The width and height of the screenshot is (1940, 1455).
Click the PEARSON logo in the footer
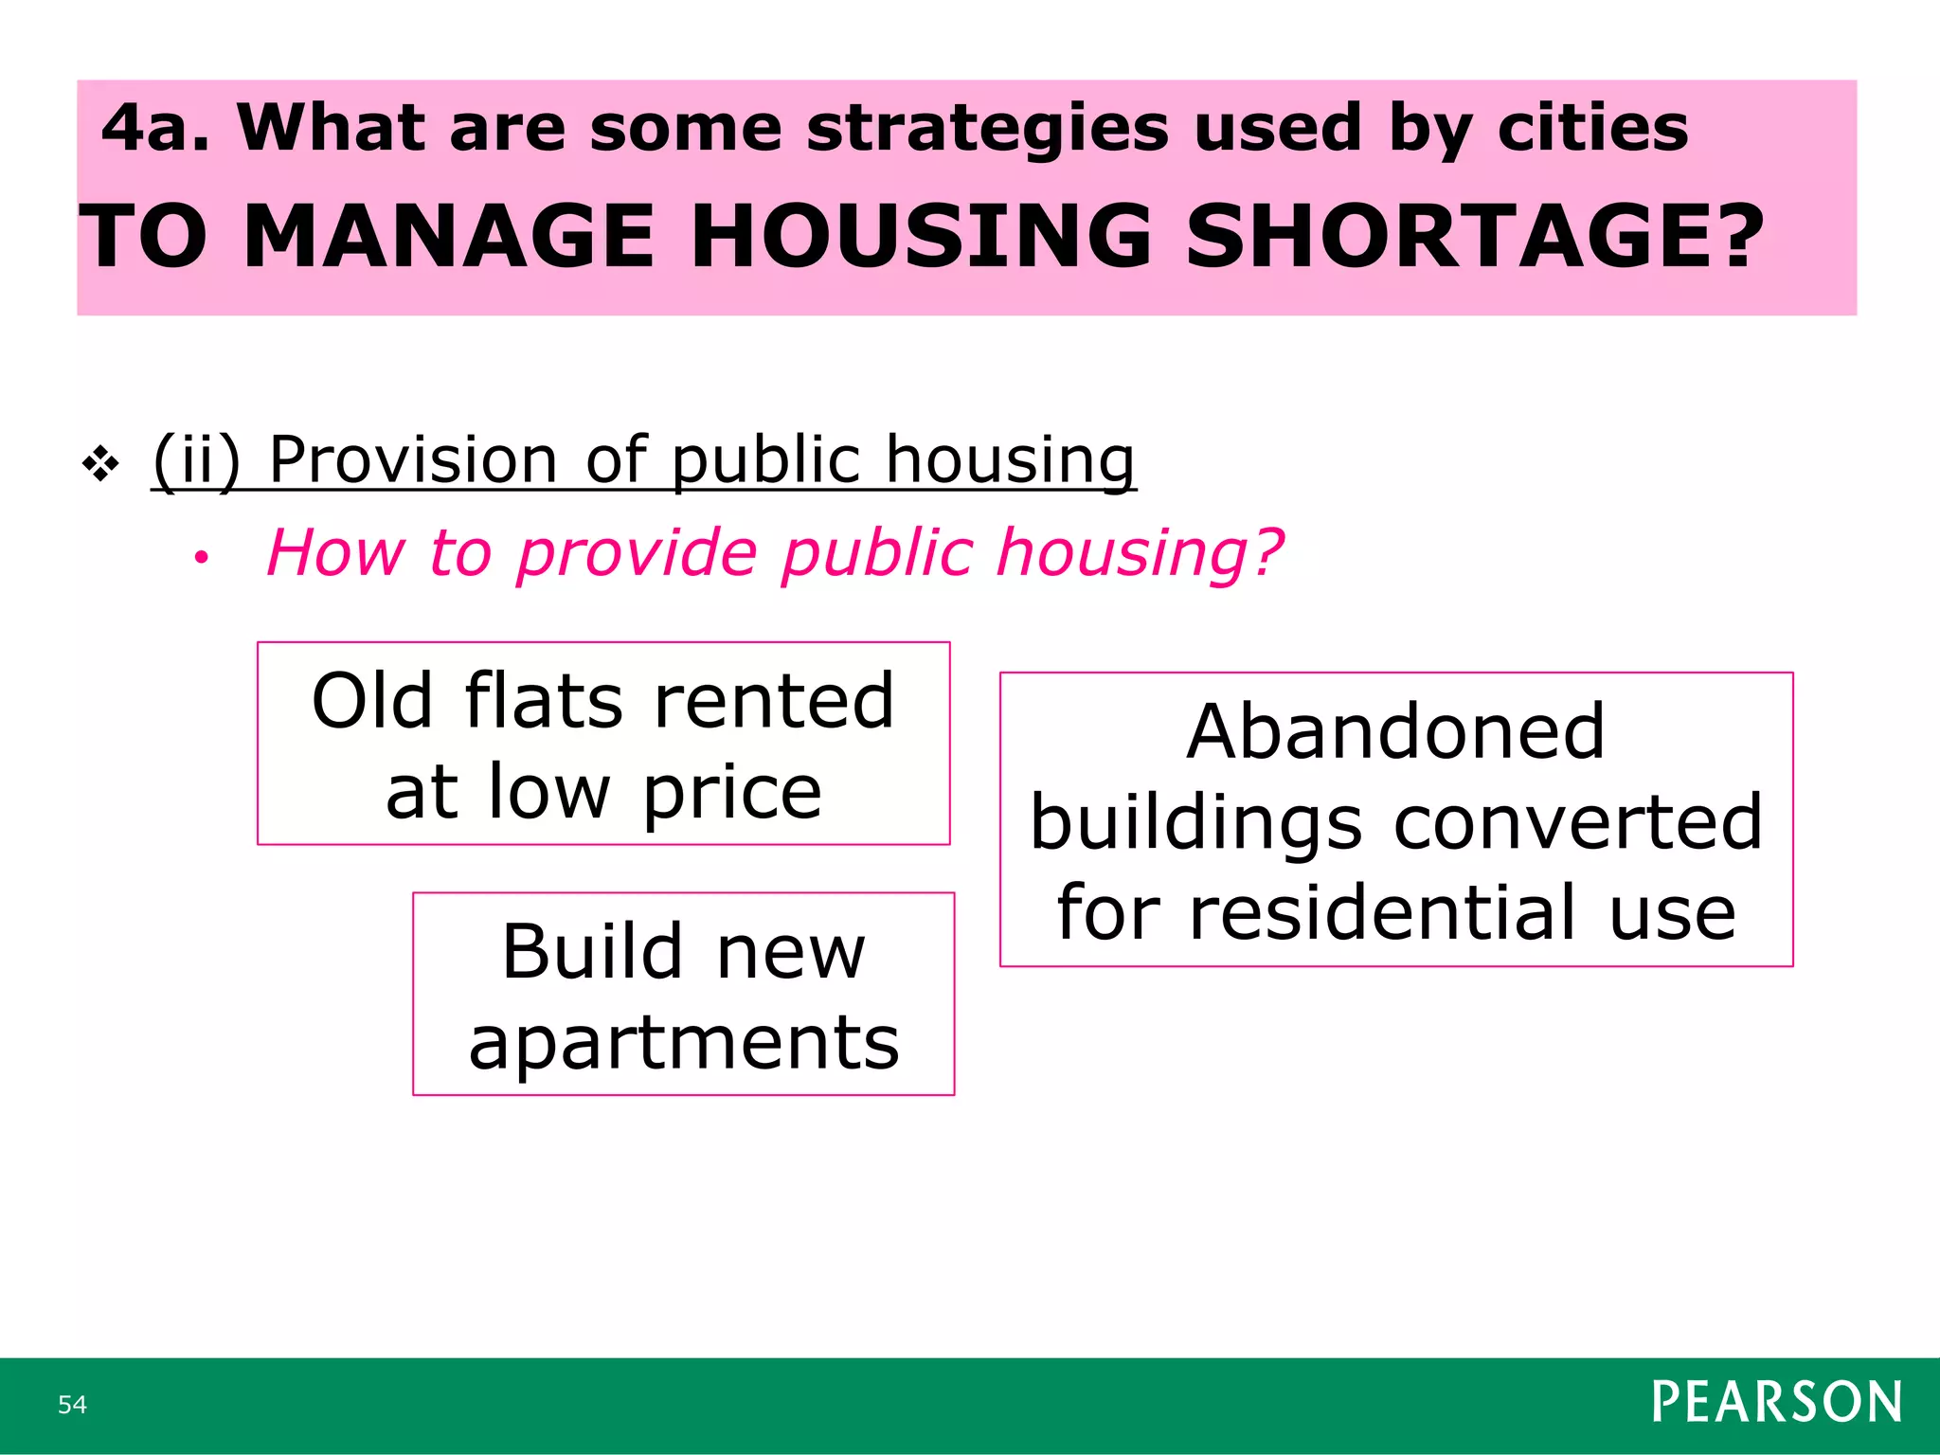click(1776, 1402)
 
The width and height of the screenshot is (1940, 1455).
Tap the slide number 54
click(72, 1404)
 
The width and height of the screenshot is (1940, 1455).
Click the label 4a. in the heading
click(155, 128)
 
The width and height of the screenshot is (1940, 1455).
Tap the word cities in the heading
click(1592, 128)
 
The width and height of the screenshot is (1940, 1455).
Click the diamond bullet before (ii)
click(100, 465)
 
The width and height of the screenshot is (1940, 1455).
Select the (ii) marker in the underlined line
click(197, 460)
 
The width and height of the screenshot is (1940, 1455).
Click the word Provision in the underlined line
click(413, 459)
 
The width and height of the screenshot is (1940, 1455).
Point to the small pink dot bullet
click(200, 559)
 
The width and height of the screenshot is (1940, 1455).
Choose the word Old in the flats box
click(372, 701)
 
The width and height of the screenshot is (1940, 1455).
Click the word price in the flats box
click(731, 792)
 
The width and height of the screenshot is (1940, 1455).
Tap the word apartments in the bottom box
click(683, 1043)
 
